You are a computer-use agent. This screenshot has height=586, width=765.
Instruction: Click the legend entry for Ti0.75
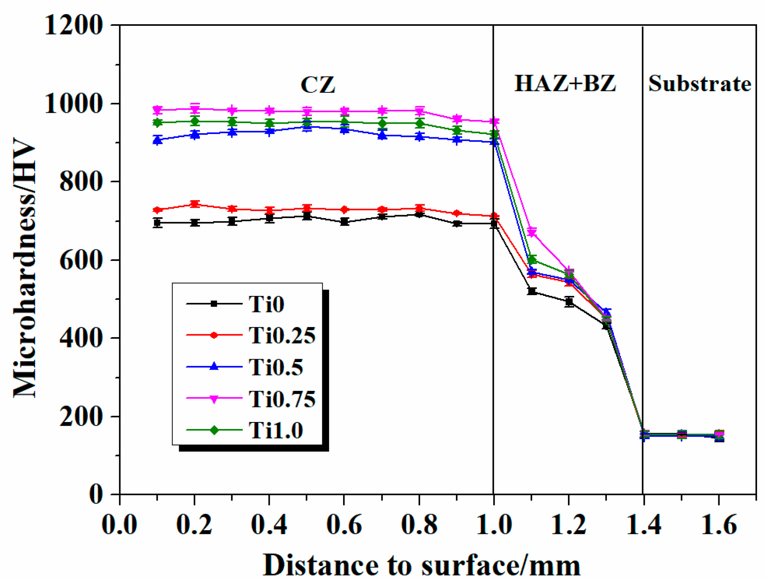(282, 399)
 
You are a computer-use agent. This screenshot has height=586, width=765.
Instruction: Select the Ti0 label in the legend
(267, 304)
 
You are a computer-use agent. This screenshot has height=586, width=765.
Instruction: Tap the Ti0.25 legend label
(282, 335)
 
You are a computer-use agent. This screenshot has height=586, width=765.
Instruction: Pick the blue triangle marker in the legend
(214, 367)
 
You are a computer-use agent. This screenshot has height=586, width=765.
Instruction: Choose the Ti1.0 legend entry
(276, 430)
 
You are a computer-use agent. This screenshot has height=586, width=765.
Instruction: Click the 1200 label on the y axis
(73, 25)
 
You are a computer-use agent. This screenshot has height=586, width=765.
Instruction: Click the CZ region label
(318, 84)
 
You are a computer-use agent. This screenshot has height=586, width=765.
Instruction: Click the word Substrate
(700, 84)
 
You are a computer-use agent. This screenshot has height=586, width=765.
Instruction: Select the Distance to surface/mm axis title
(421, 565)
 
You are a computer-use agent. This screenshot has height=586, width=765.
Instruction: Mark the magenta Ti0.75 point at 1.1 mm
(532, 232)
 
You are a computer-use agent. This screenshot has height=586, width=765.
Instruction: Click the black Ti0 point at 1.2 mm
(569, 302)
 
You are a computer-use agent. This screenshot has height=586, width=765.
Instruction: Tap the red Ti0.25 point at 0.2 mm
(194, 204)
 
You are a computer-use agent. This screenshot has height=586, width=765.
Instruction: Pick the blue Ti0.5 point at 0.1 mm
(157, 140)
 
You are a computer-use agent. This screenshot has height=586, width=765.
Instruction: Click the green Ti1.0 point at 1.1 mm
(532, 260)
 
